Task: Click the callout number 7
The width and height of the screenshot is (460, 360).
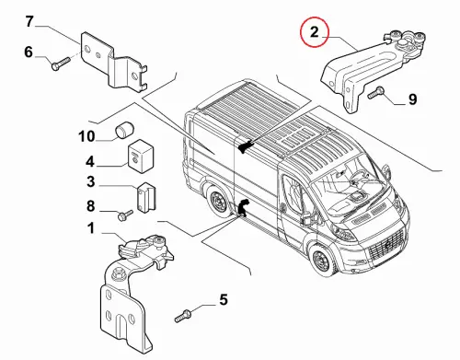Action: pyautogui.click(x=29, y=22)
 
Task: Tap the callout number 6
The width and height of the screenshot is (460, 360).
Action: pyautogui.click(x=29, y=52)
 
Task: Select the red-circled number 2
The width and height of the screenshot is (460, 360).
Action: pyautogui.click(x=315, y=32)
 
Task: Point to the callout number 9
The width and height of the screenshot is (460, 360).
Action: pyautogui.click(x=413, y=99)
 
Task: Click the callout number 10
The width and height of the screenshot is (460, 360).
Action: pyautogui.click(x=86, y=136)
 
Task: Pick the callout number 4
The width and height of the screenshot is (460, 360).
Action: pyautogui.click(x=90, y=161)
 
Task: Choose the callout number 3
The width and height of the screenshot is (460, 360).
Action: pyautogui.click(x=91, y=181)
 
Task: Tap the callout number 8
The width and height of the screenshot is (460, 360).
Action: pyautogui.click(x=90, y=206)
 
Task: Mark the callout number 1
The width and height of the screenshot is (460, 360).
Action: pyautogui.click(x=91, y=228)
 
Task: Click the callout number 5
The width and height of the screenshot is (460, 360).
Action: pyautogui.click(x=224, y=299)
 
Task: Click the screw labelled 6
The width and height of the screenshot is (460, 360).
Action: pyautogui.click(x=61, y=64)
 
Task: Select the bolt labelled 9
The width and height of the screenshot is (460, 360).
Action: pyautogui.click(x=376, y=93)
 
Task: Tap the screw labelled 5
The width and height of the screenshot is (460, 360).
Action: pyautogui.click(x=183, y=316)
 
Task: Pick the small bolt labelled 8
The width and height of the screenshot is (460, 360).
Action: pyautogui.click(x=125, y=215)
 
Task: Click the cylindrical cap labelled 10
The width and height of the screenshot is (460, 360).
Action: pyautogui.click(x=123, y=131)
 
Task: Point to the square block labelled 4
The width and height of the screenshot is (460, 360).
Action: pyautogui.click(x=140, y=157)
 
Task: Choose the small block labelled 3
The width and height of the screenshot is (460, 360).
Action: pyautogui.click(x=146, y=198)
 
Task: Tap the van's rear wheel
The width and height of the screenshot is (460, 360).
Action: pyautogui.click(x=218, y=201)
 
